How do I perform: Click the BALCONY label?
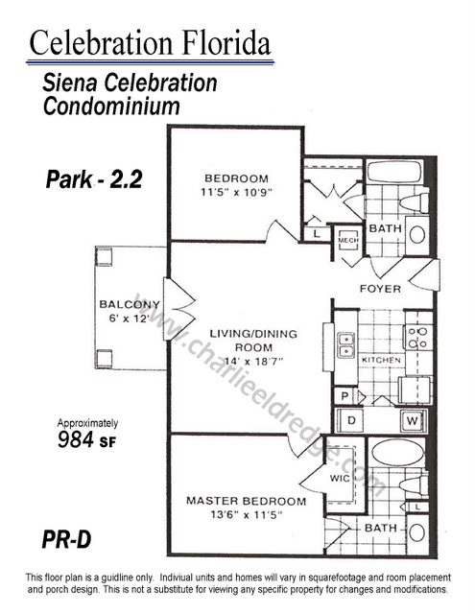(130, 304)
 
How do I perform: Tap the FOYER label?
(380, 289)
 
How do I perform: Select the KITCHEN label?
(381, 360)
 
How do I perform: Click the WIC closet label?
(340, 478)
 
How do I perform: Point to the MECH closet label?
(348, 240)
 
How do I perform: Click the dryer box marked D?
(351, 421)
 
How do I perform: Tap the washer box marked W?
(412, 421)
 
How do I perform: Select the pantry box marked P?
(344, 396)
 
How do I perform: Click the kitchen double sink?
(346, 345)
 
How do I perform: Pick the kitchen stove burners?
(417, 338)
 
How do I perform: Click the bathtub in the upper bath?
(394, 172)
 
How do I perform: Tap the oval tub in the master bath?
(397, 453)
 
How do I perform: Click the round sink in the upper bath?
(417, 235)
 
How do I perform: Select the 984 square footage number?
(76, 439)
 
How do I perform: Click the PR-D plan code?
(66, 539)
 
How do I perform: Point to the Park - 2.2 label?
(94, 179)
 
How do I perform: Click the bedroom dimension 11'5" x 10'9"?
(236, 192)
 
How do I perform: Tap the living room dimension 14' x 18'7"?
(253, 361)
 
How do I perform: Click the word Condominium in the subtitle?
(111, 106)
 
